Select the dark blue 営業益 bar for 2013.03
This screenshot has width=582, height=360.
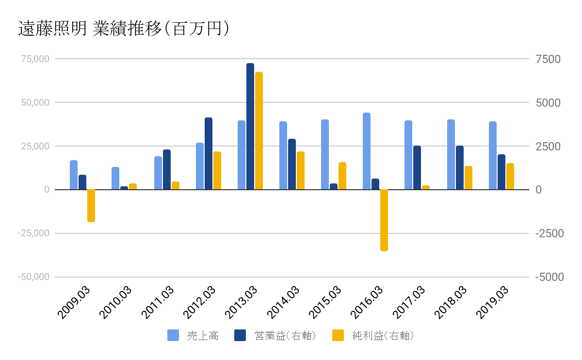tap(250, 126)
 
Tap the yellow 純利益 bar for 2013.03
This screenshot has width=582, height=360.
tap(259, 131)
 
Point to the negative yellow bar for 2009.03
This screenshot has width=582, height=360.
tap(91, 205)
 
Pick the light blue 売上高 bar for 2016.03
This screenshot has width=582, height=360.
tap(367, 151)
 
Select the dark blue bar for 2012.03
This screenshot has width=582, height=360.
tap(209, 153)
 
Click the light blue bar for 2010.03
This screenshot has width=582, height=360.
tap(115, 178)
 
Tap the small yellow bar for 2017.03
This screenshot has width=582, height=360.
tap(426, 187)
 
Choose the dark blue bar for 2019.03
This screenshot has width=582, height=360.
tap(501, 172)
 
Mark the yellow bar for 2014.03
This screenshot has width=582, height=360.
tap(301, 170)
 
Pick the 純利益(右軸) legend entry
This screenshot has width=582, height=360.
tap(373, 335)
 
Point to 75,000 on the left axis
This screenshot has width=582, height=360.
tap(35, 59)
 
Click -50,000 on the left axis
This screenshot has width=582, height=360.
tap(34, 277)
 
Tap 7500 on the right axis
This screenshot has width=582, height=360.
tap(548, 59)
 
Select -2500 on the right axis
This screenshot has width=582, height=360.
tap(550, 233)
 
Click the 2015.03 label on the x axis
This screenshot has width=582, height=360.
tap(325, 302)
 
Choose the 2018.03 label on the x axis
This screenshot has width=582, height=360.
tap(451, 302)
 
